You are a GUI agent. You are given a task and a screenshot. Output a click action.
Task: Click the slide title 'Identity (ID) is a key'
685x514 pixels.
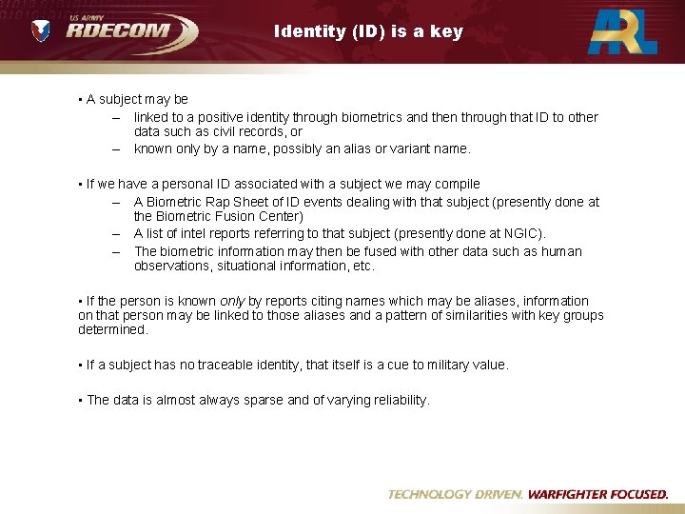click(x=368, y=30)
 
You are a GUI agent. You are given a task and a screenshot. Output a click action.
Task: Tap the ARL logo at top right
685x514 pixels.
click(x=623, y=30)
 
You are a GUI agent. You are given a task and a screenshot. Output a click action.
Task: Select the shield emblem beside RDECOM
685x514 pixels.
click(x=41, y=30)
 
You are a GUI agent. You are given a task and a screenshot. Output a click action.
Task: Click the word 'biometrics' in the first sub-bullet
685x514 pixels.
click(x=371, y=118)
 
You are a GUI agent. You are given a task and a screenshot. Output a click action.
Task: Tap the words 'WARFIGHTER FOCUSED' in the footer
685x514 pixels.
click(x=597, y=494)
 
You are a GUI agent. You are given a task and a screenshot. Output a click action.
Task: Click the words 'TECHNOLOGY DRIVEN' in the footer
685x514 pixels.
click(x=455, y=494)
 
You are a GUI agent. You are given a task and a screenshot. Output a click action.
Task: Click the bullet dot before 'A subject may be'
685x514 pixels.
click(x=80, y=100)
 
